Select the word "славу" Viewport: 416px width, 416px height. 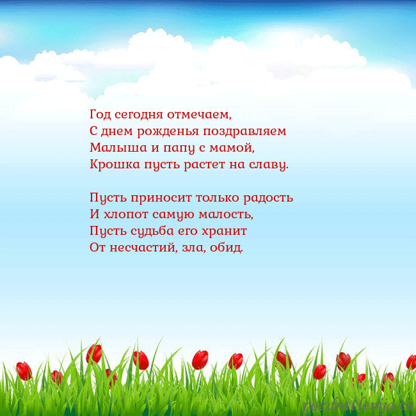point(269,165)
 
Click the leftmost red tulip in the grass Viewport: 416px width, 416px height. point(24,371)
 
